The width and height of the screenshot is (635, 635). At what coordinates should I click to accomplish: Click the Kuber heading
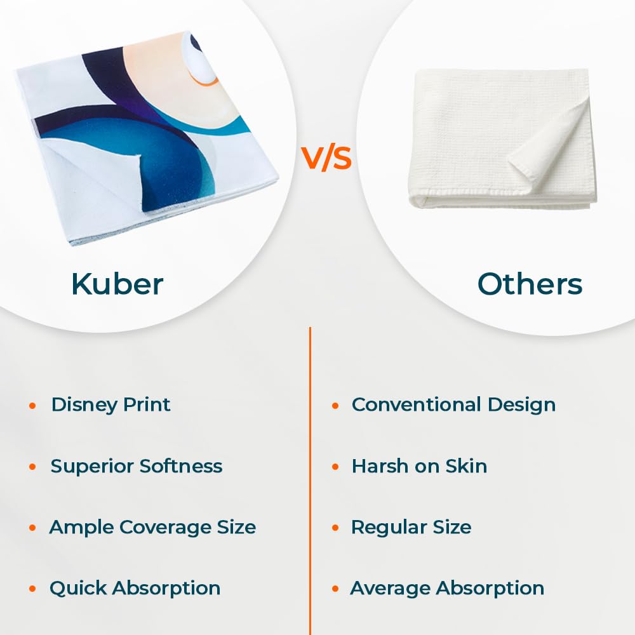[x=117, y=284]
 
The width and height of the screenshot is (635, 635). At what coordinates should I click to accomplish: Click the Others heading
[x=530, y=284]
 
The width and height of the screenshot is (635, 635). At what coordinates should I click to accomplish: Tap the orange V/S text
[x=326, y=158]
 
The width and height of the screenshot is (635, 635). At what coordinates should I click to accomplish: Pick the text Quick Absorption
[x=135, y=589]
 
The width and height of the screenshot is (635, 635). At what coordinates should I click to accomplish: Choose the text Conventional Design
[x=453, y=405]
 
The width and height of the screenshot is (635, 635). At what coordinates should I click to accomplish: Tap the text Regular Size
[x=411, y=528]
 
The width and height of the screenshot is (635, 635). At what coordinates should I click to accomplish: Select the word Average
[x=390, y=589]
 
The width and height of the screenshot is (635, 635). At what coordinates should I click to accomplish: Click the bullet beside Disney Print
[x=32, y=405]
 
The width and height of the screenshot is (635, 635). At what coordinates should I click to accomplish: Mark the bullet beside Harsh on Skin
[x=335, y=467]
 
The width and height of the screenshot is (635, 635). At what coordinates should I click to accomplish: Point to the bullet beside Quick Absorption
[x=32, y=589]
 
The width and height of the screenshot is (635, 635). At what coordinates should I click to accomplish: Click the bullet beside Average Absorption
[x=335, y=589]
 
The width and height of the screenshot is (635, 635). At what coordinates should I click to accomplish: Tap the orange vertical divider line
[x=311, y=481]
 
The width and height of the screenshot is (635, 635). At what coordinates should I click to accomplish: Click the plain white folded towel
[x=502, y=138]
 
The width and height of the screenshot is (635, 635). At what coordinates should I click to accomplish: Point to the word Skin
[x=466, y=465]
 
